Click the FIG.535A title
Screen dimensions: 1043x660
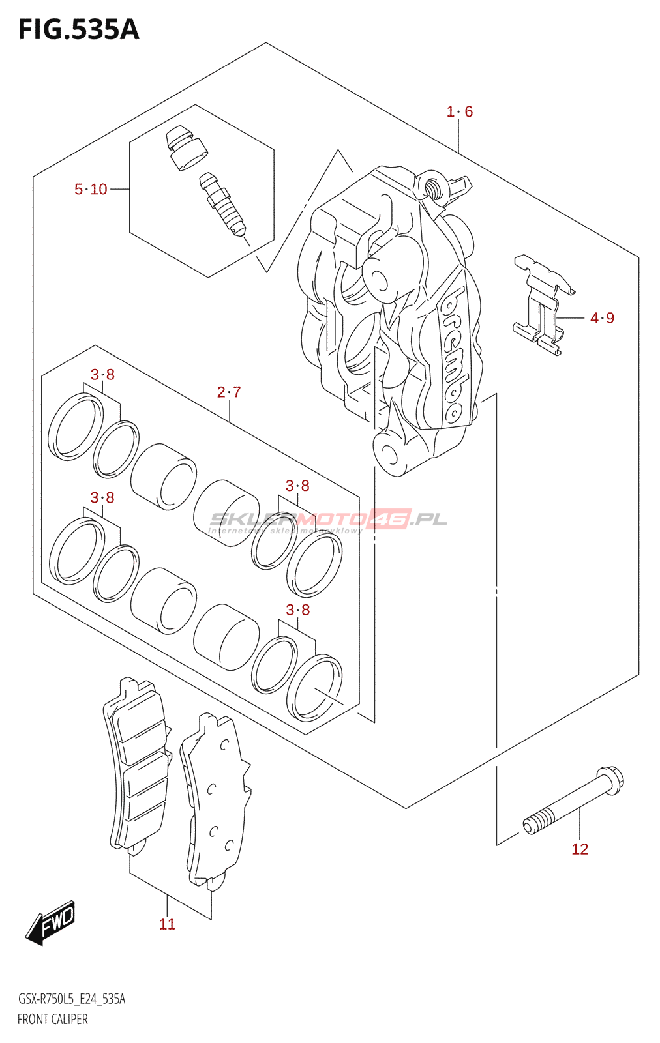point(78,30)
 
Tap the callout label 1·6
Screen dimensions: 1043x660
point(459,112)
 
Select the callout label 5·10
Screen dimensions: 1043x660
point(91,190)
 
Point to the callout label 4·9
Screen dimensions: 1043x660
point(602,318)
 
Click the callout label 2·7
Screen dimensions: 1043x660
point(229,392)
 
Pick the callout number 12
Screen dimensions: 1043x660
point(580,849)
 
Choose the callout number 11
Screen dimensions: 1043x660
point(167,924)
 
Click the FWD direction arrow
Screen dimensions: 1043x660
point(51,922)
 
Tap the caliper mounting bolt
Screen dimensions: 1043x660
point(574,801)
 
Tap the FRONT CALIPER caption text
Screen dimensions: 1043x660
point(52,1020)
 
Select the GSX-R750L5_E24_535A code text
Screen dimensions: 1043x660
point(71,999)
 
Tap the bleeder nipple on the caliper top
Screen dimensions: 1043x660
point(432,186)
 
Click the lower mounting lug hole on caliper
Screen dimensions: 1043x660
point(389,454)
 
